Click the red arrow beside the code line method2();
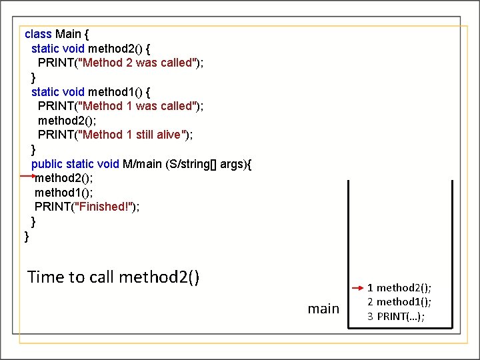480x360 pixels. tap(28, 176)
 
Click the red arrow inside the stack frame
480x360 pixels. tap(357, 287)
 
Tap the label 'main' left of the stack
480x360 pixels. tap(323, 308)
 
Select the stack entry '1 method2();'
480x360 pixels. tap(399, 287)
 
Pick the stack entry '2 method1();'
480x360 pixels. tap(399, 301)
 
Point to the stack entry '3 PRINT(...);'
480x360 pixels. tap(397, 315)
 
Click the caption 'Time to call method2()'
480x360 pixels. tap(113, 277)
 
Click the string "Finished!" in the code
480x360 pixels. tap(106, 207)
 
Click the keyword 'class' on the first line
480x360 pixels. tap(37, 34)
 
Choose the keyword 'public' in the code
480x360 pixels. tap(47, 163)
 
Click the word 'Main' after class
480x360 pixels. tap(68, 34)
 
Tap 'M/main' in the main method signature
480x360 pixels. tap(142, 163)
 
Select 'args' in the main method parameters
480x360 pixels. tap(231, 163)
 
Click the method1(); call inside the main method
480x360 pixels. tap(64, 192)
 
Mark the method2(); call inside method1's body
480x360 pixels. tap(67, 120)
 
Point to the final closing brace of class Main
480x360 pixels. tap(27, 236)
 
